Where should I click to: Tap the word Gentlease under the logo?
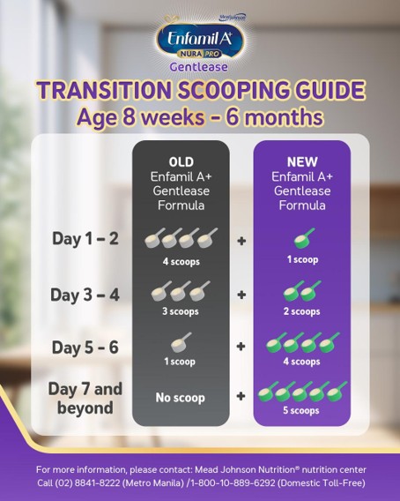pos(200,66)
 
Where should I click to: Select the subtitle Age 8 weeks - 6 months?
pos(200,117)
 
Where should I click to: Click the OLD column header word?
pos(181,162)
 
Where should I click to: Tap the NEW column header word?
pos(302,162)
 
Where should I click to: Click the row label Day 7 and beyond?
pos(86,398)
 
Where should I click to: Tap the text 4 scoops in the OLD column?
pos(181,261)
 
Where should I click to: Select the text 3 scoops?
pos(181,311)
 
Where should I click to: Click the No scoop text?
pos(181,398)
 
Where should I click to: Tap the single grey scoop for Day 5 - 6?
pos(181,341)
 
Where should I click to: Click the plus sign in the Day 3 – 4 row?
pos(241,294)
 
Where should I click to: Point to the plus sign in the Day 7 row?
pos(241,397)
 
